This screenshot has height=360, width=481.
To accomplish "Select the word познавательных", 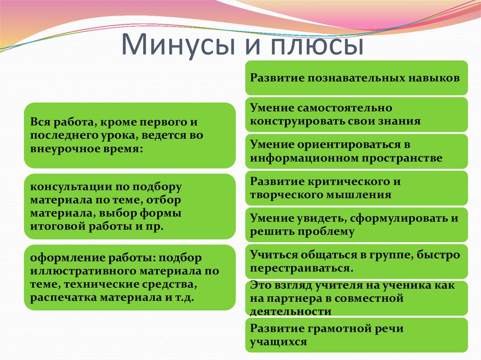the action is click(356, 78).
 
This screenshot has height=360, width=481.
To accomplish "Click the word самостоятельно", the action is click(344, 108).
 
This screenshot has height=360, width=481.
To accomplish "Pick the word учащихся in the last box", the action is click(278, 342).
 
